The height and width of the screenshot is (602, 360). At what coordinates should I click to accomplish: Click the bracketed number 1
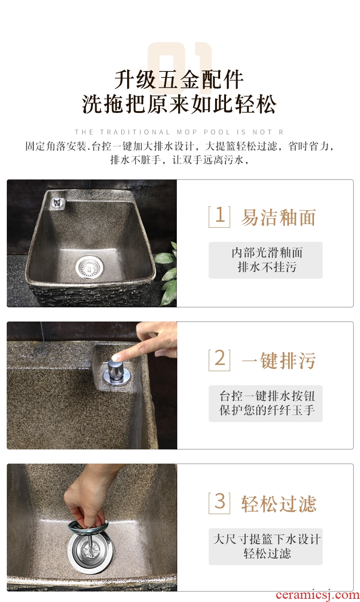[x=219, y=216]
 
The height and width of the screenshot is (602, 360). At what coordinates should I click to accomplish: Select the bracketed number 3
[x=219, y=502]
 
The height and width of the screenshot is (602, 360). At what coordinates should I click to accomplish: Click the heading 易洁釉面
[x=278, y=217]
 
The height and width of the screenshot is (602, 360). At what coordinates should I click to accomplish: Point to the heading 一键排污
[x=278, y=360]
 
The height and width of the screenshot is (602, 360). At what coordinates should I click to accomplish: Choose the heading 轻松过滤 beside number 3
[x=278, y=504]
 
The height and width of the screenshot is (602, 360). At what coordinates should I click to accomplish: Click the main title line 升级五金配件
[x=179, y=80]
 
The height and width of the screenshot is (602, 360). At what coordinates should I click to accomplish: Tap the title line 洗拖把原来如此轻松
[x=179, y=104]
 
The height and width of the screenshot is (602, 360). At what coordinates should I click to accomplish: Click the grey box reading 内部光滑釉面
[x=265, y=260]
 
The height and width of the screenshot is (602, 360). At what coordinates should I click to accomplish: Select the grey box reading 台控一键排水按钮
[x=265, y=403]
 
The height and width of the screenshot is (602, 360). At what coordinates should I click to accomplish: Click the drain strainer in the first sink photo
[x=89, y=266]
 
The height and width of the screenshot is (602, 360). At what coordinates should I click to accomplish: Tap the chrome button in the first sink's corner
[x=58, y=202]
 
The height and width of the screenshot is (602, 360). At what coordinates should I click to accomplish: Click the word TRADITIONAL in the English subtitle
[x=135, y=132]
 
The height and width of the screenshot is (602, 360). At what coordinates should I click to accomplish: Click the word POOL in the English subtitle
[x=217, y=132]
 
